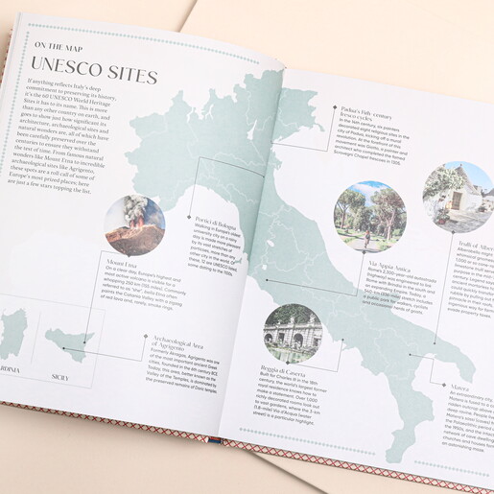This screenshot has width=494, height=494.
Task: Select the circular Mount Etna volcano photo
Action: pos(134,226)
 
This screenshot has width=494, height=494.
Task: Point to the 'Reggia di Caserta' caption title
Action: pos(279,369)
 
